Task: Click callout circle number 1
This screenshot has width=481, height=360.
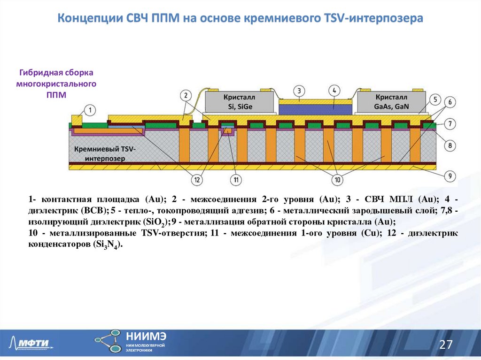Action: point(90,111)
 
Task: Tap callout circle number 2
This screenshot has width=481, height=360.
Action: point(186,95)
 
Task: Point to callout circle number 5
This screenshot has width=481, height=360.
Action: point(435,100)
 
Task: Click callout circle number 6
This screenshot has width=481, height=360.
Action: point(450,102)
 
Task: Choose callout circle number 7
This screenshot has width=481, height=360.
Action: point(450,124)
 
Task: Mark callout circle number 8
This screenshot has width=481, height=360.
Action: point(450,146)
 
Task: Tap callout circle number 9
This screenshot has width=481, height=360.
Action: point(450,176)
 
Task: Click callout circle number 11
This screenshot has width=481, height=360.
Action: point(235,179)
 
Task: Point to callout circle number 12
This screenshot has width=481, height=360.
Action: point(197,179)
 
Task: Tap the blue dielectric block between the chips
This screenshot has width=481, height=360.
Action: point(315,109)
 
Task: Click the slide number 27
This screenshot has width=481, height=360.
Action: point(445,345)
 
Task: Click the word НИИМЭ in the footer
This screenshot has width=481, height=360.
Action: point(146,336)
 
